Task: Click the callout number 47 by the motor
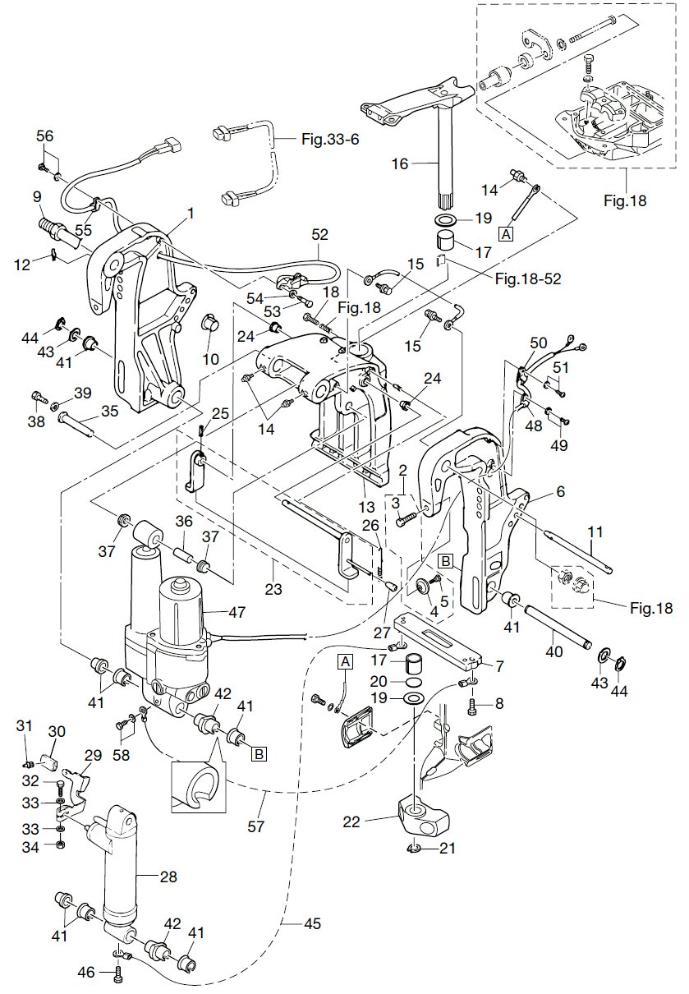tap(237, 611)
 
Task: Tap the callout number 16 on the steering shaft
tap(399, 163)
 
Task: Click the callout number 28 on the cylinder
tap(168, 877)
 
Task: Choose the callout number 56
tap(44, 137)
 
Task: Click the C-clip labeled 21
tap(415, 849)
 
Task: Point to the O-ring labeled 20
tap(415, 681)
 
